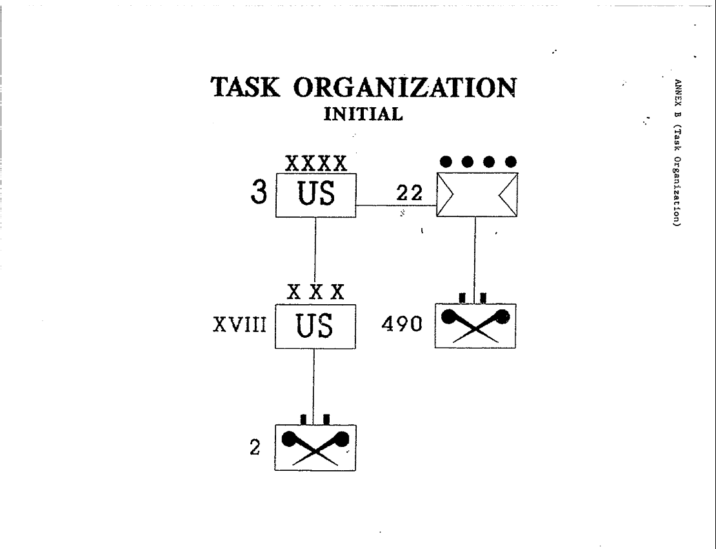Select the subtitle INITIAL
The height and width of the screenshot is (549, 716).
point(363,114)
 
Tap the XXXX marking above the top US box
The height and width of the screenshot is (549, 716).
point(315,164)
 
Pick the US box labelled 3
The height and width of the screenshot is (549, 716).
point(316,194)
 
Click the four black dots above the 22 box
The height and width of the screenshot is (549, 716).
point(477,160)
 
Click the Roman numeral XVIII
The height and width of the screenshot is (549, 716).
point(239,326)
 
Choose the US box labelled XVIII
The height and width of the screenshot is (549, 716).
point(315,326)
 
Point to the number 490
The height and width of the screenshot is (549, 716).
point(401,326)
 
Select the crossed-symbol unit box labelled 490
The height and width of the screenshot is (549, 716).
point(475,326)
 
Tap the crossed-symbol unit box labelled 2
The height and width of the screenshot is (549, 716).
point(315,448)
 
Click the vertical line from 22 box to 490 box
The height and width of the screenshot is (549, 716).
point(475,258)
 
